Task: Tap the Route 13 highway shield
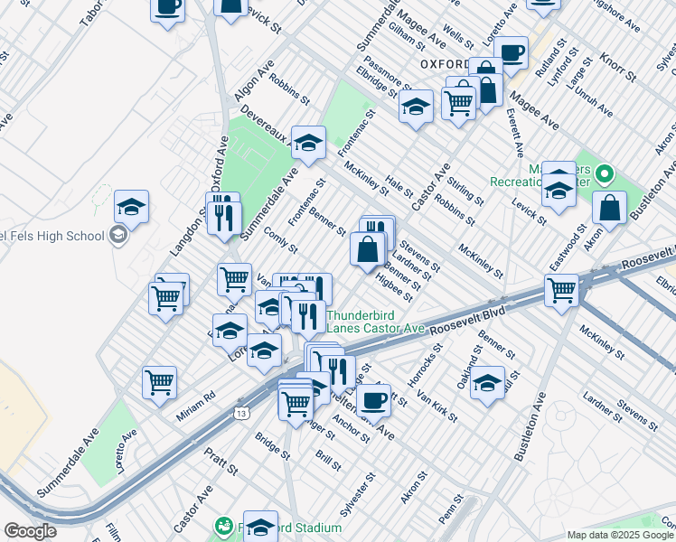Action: tap(240, 413)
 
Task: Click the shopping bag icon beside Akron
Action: tap(610, 208)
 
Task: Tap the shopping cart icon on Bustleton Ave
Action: tap(561, 291)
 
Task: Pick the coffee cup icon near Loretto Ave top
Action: tap(511, 53)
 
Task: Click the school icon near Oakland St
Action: tap(487, 382)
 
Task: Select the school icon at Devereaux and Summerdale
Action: tap(308, 143)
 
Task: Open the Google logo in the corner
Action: tap(30, 531)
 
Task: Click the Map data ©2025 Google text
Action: tap(620, 535)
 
